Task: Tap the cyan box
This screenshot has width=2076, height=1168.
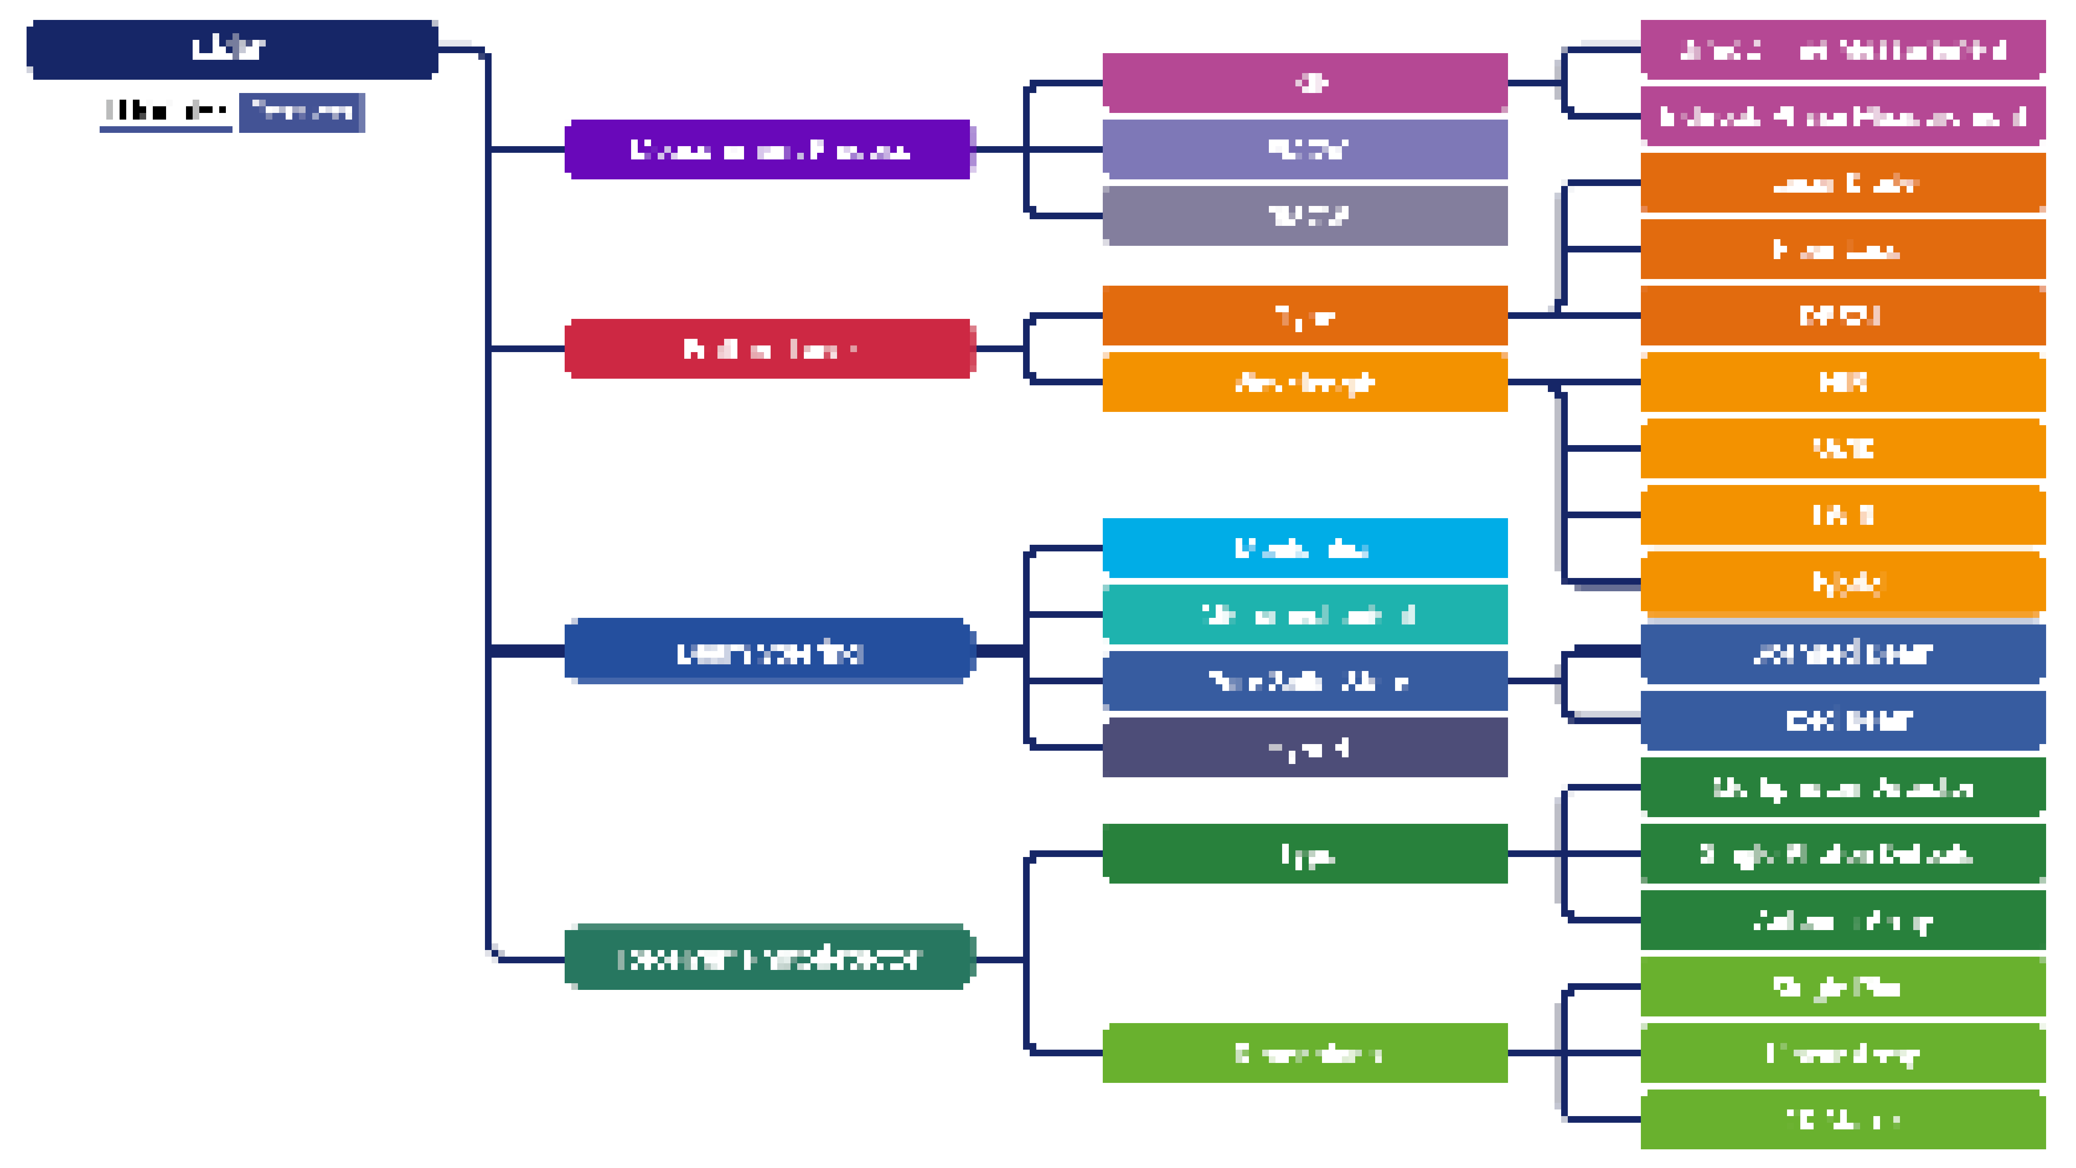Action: (1304, 548)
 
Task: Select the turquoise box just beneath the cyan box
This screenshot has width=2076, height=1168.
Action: (1304, 614)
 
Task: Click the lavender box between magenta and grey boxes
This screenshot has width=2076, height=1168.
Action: (1304, 149)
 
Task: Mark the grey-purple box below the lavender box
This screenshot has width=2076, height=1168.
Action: (1304, 215)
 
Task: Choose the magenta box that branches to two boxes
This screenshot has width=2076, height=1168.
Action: (1304, 82)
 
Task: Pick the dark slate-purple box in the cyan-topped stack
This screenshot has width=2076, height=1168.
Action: (1304, 747)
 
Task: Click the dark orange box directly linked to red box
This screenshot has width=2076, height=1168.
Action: (1304, 315)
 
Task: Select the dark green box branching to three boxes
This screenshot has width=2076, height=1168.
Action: (1304, 853)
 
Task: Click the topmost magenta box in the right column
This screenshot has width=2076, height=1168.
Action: (1842, 49)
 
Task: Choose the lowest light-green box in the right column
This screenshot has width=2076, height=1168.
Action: (1842, 1119)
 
